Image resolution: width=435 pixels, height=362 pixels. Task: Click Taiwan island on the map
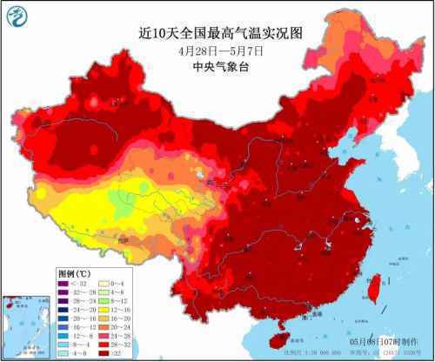(379, 285)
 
